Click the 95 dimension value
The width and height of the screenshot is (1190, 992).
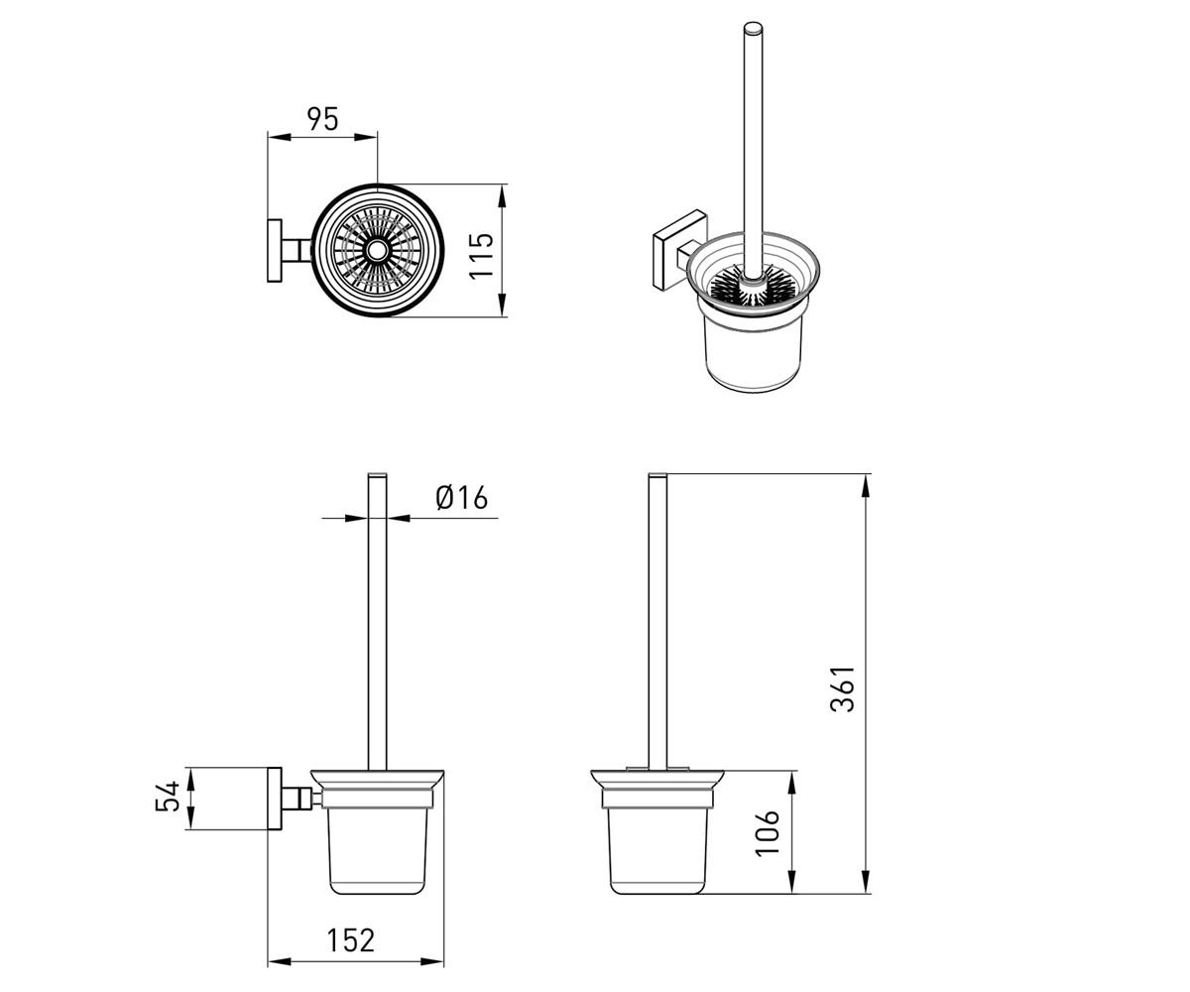pyautogui.click(x=322, y=119)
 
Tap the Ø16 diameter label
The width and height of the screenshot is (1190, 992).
pyautogui.click(x=462, y=497)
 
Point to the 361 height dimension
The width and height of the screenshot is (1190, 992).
pyautogui.click(x=842, y=688)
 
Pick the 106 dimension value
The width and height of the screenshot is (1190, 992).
pyautogui.click(x=768, y=832)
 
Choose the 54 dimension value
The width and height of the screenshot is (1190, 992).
pyautogui.click(x=168, y=796)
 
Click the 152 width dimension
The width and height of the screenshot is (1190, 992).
pyautogui.click(x=350, y=940)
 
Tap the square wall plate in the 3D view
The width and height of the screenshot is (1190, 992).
pyautogui.click(x=679, y=250)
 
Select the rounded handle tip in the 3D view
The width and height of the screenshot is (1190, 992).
pyautogui.click(x=754, y=29)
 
